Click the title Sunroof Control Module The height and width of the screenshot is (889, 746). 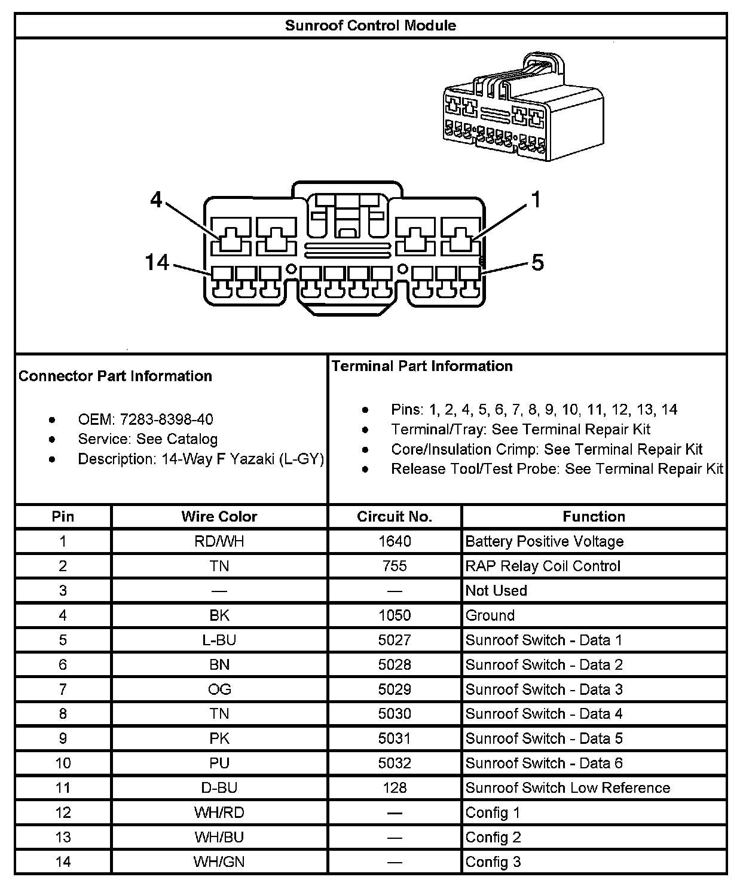point(370,26)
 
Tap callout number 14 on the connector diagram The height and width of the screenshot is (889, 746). point(157,262)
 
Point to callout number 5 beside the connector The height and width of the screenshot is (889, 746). point(537,262)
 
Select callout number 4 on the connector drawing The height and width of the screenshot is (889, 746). point(156,200)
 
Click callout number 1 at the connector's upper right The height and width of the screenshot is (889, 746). point(536,200)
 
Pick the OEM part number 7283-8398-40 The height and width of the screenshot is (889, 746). point(166,419)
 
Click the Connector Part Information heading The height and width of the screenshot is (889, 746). point(115,376)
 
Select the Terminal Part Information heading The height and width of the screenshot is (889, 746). point(422,366)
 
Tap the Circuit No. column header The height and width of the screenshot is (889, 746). point(394,516)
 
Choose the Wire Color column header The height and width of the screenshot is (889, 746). point(219,516)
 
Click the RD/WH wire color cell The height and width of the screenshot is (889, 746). point(219,541)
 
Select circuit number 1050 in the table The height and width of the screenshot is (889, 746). point(395,615)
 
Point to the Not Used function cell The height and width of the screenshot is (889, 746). point(496,590)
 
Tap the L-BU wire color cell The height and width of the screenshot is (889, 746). point(219,640)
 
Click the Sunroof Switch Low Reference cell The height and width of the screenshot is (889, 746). point(567,787)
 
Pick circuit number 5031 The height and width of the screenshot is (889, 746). point(395,738)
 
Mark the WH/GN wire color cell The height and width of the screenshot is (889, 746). point(219,862)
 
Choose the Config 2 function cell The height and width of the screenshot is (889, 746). point(493,837)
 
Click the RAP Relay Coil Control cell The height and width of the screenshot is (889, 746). point(543,566)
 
